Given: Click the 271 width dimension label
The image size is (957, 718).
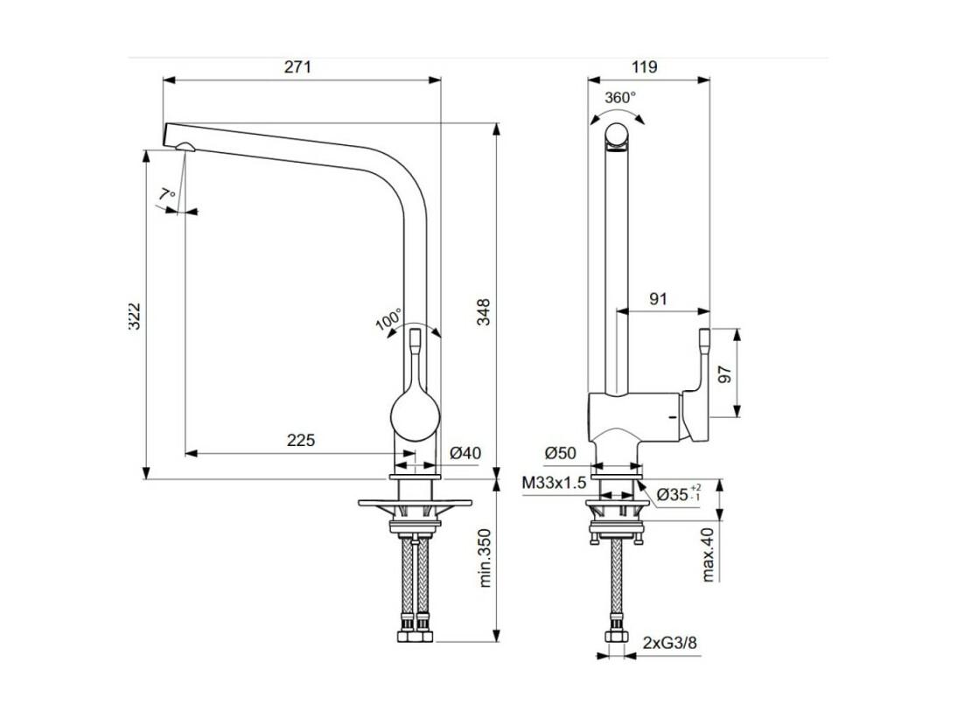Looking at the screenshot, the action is (297, 66).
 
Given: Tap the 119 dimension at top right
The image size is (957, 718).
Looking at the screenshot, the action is (645, 66).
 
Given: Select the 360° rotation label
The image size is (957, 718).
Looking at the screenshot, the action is (620, 97).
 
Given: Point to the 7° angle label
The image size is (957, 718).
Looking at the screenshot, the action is (167, 195).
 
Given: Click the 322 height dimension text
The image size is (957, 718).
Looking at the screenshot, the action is (135, 316).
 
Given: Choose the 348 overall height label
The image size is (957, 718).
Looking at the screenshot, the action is (484, 311).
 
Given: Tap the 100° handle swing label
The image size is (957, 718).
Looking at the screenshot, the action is (388, 319).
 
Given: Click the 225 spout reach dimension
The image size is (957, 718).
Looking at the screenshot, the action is (301, 440).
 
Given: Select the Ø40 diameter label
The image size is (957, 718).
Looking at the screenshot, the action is (465, 453).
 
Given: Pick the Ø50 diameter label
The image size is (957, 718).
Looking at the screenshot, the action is (561, 453).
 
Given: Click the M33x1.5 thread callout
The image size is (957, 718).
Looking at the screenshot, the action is (555, 483).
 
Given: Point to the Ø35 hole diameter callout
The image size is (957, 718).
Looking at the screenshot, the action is (680, 493).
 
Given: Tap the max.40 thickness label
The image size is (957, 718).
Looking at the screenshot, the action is (708, 554).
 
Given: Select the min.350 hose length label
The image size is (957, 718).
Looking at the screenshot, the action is (485, 558).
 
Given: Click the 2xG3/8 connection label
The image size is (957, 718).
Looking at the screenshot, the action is (669, 643).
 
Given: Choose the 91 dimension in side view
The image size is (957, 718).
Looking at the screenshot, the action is (658, 299).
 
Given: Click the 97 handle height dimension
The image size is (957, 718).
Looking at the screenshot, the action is (724, 374).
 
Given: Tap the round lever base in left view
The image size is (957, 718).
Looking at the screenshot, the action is (415, 417).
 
